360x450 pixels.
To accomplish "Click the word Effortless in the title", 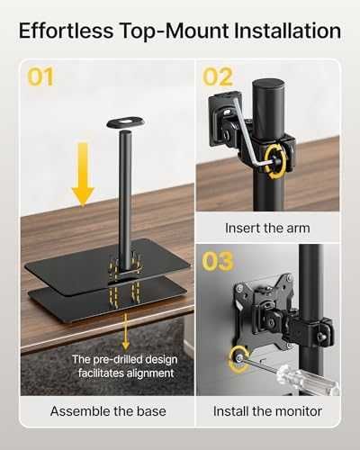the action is click(x=67, y=31).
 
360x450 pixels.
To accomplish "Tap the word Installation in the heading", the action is click(x=287, y=31).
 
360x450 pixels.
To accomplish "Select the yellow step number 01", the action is click(x=40, y=76).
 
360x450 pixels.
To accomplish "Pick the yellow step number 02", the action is click(x=218, y=76).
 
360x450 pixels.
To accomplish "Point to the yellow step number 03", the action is click(x=218, y=261).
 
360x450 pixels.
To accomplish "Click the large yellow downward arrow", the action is click(x=83, y=175).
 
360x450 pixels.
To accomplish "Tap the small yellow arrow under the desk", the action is click(x=126, y=332).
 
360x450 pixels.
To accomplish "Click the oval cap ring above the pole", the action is click(x=125, y=122).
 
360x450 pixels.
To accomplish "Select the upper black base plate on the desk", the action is click(x=107, y=265).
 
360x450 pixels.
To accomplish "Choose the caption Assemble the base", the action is click(x=108, y=411).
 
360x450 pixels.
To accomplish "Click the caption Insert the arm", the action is click(x=267, y=228).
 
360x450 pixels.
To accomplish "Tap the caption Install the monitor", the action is click(x=267, y=411).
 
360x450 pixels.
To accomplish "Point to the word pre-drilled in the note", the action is click(x=125, y=359).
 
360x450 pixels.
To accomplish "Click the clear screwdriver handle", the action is click(x=308, y=379).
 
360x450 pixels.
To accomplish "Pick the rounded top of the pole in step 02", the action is click(x=267, y=87).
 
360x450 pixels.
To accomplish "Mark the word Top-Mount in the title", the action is click(x=174, y=31).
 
